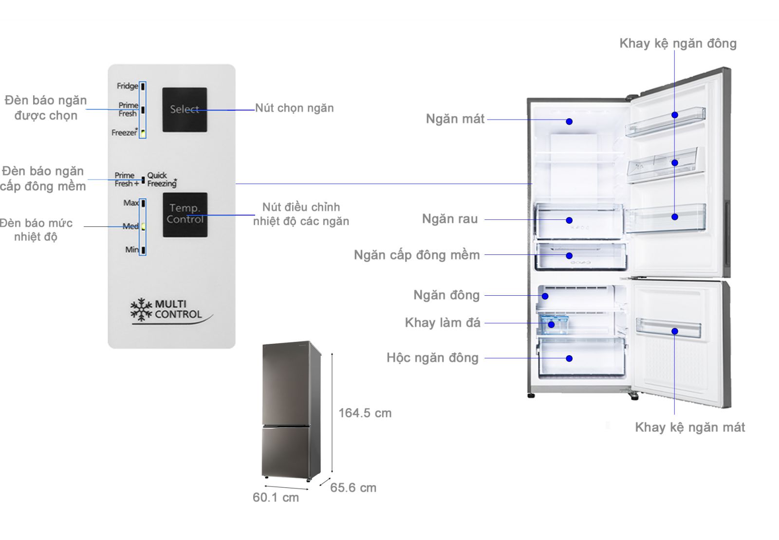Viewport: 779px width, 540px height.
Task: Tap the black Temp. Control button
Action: [x=185, y=215]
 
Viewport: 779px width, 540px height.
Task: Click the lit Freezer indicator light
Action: [x=143, y=132]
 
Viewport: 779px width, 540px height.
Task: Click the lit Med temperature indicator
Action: [x=143, y=226]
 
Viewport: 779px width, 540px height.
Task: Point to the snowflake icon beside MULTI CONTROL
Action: [x=141, y=310]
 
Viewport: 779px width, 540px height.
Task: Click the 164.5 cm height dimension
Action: [x=365, y=413]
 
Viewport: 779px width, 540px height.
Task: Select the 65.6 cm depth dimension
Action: [x=353, y=488]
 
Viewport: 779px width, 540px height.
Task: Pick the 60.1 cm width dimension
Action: [x=276, y=497]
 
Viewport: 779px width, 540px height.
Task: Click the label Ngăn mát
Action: [x=455, y=119]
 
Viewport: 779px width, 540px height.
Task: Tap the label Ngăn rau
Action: [x=449, y=219]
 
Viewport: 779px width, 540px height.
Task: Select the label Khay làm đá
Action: [x=442, y=323]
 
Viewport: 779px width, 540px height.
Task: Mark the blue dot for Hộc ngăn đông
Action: [x=569, y=359]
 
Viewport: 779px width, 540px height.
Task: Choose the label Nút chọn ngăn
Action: [x=294, y=108]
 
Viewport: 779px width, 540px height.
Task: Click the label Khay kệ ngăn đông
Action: [x=677, y=43]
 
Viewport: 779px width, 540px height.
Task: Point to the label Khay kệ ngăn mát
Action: [x=689, y=427]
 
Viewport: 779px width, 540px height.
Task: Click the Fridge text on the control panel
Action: [x=127, y=86]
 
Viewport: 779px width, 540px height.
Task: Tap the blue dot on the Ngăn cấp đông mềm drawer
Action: [x=569, y=255]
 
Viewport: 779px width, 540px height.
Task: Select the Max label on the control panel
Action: [x=130, y=203]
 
